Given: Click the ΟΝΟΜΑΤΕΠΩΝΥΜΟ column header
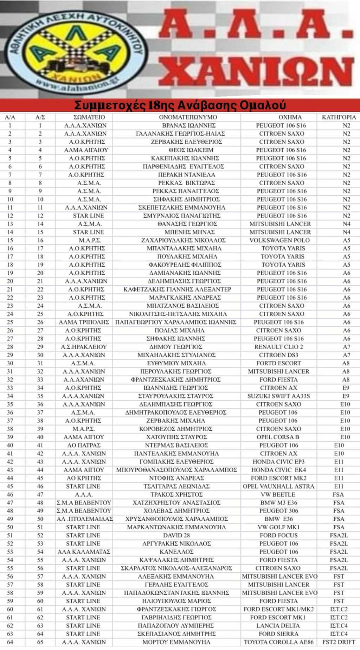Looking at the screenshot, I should coord(188,117).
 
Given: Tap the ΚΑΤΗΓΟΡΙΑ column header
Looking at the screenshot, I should coord(339,117).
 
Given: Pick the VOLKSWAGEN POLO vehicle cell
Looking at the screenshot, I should coord(279,240).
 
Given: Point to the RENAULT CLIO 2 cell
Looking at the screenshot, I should coord(278,347).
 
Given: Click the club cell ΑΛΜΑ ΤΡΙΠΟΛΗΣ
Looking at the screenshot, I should coord(84,322).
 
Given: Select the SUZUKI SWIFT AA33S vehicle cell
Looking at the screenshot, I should coord(278,396).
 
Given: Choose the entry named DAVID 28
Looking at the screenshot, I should coord(176,535).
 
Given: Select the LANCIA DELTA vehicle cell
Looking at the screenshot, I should coord(278,625).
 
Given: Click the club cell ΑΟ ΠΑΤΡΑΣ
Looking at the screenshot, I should coord(84,445).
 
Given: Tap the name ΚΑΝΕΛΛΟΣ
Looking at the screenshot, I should coord(176,552).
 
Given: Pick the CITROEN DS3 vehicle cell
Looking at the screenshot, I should coord(278,355).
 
